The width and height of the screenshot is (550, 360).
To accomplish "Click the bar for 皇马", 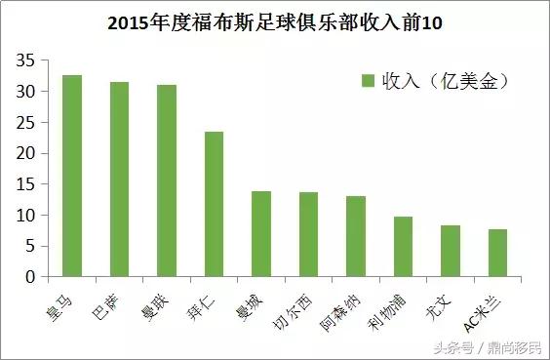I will (x=71, y=176).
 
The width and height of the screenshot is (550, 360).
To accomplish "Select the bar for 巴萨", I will (x=119, y=180).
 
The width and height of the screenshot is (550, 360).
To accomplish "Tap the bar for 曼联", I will (x=167, y=180).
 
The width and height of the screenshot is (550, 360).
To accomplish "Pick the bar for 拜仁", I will (x=214, y=204).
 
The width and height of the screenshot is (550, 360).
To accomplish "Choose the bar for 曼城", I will (x=261, y=234).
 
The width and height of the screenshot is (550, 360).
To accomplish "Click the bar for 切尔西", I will (x=308, y=234).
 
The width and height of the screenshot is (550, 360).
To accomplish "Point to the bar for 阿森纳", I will (x=356, y=236).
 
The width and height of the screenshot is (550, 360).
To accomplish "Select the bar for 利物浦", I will (x=404, y=247).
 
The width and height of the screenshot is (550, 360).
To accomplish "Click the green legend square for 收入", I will (x=369, y=80).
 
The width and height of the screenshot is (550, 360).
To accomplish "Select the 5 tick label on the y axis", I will (x=32, y=246).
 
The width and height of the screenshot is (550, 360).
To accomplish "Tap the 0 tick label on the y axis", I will (x=32, y=277).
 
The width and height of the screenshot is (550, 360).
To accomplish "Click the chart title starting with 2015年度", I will (x=274, y=21).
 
